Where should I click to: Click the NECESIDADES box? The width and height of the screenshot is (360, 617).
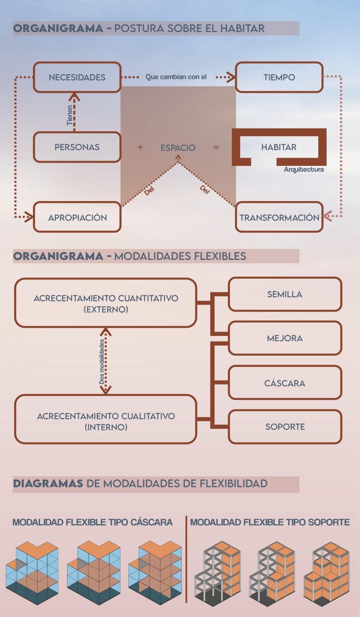click(77, 77)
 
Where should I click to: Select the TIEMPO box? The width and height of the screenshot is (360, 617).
click(279, 77)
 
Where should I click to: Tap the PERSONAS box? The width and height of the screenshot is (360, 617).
click(77, 147)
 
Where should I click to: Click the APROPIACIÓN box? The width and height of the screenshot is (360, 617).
click(77, 217)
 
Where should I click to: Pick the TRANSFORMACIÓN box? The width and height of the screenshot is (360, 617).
click(279, 217)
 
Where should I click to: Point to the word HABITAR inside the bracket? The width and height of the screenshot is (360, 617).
click(279, 147)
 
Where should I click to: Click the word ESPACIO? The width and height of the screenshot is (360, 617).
click(178, 148)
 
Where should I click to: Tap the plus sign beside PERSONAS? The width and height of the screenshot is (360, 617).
click(140, 147)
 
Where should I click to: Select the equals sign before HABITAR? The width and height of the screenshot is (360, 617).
click(216, 147)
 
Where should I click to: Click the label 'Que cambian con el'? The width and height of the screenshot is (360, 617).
click(176, 77)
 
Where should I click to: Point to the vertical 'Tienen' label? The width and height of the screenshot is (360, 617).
click(70, 115)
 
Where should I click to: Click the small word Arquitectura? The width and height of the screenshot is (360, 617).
click(304, 170)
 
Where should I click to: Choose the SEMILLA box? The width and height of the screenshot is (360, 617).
click(285, 294)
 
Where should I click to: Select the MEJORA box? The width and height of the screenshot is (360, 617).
click(285, 338)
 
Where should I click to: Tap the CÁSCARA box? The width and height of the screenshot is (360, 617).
click(285, 383)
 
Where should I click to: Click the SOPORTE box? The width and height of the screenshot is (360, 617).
click(285, 426)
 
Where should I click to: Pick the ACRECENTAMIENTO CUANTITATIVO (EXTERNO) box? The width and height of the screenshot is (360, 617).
click(105, 303)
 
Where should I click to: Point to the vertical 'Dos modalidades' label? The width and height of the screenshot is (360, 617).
click(102, 361)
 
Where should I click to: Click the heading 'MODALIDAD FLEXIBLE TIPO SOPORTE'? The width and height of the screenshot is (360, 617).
click(270, 522)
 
